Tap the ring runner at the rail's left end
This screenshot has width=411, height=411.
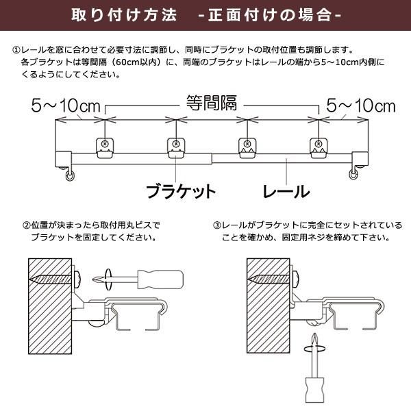69,177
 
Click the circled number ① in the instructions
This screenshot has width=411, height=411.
16,50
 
